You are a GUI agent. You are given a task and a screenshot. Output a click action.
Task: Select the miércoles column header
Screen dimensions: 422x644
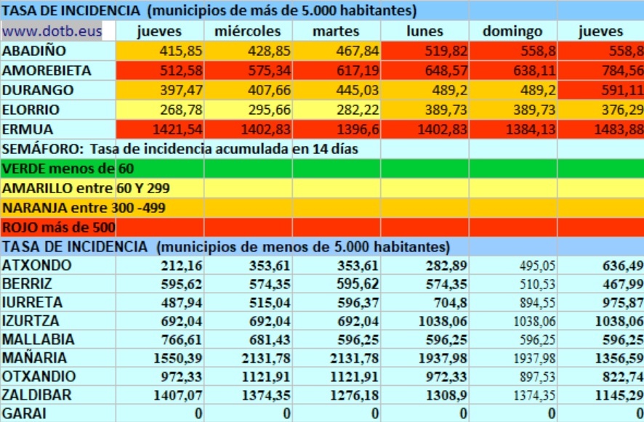(248, 31)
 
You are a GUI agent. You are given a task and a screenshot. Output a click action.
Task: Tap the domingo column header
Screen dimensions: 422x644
(512, 31)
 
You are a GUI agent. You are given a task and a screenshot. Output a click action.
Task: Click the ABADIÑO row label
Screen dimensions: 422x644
(35, 52)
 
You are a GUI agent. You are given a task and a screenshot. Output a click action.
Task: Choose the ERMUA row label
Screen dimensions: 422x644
(29, 129)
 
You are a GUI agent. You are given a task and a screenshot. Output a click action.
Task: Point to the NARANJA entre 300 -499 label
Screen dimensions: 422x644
(84, 208)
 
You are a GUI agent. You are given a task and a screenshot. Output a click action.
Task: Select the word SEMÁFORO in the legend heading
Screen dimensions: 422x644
(35, 149)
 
